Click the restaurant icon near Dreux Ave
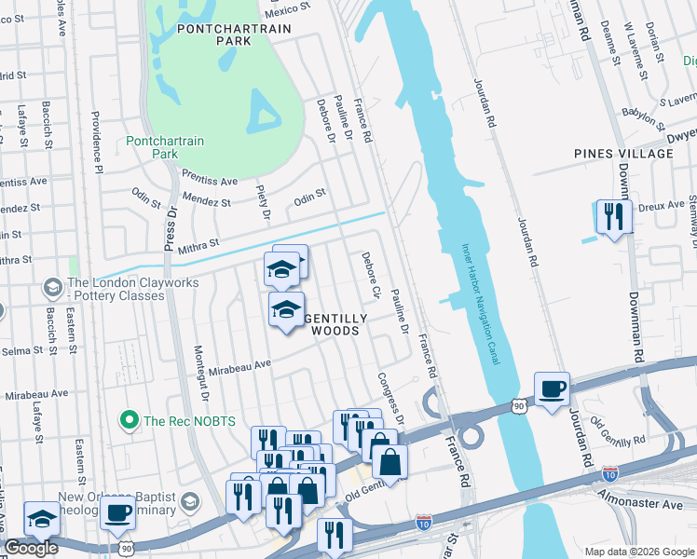coord(612,218)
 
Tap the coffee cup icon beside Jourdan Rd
coord(552,389)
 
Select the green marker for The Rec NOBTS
coord(130,421)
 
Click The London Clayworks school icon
coord(52,284)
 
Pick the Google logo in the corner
coord(31,548)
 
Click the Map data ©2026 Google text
coord(639,552)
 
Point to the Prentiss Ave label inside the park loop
coord(210,181)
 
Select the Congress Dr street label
coord(390,398)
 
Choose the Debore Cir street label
coord(371,277)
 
